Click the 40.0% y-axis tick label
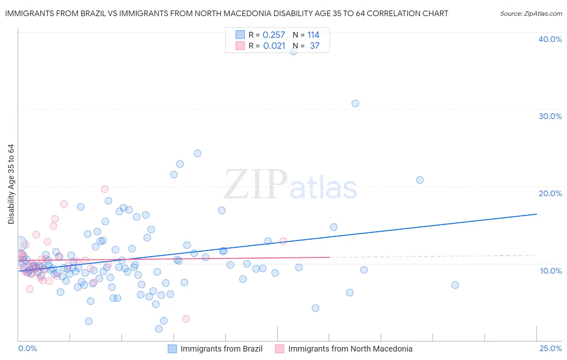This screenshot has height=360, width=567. click(x=550, y=39)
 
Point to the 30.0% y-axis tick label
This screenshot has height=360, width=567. click(x=550, y=116)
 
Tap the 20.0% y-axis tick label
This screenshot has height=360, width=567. click(x=550, y=193)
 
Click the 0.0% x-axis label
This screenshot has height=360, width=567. click(x=27, y=348)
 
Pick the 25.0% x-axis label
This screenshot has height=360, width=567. click(x=550, y=348)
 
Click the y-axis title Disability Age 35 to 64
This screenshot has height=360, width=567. click(x=11, y=184)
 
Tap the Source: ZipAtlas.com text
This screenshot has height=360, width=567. click(x=531, y=14)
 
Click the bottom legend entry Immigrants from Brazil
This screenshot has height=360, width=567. click(x=221, y=349)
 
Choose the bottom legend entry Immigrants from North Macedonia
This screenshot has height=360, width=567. click(x=350, y=349)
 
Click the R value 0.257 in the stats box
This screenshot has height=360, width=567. click(x=274, y=35)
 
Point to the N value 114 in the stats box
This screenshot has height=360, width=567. click(x=313, y=35)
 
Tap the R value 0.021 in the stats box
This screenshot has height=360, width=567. click(x=274, y=46)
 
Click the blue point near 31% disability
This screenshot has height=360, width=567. click(x=355, y=103)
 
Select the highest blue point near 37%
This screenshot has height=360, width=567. click(x=294, y=51)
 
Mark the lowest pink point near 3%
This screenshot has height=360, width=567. click(x=186, y=319)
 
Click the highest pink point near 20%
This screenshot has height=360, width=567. click(x=105, y=189)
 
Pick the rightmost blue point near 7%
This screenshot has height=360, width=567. click(x=455, y=285)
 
